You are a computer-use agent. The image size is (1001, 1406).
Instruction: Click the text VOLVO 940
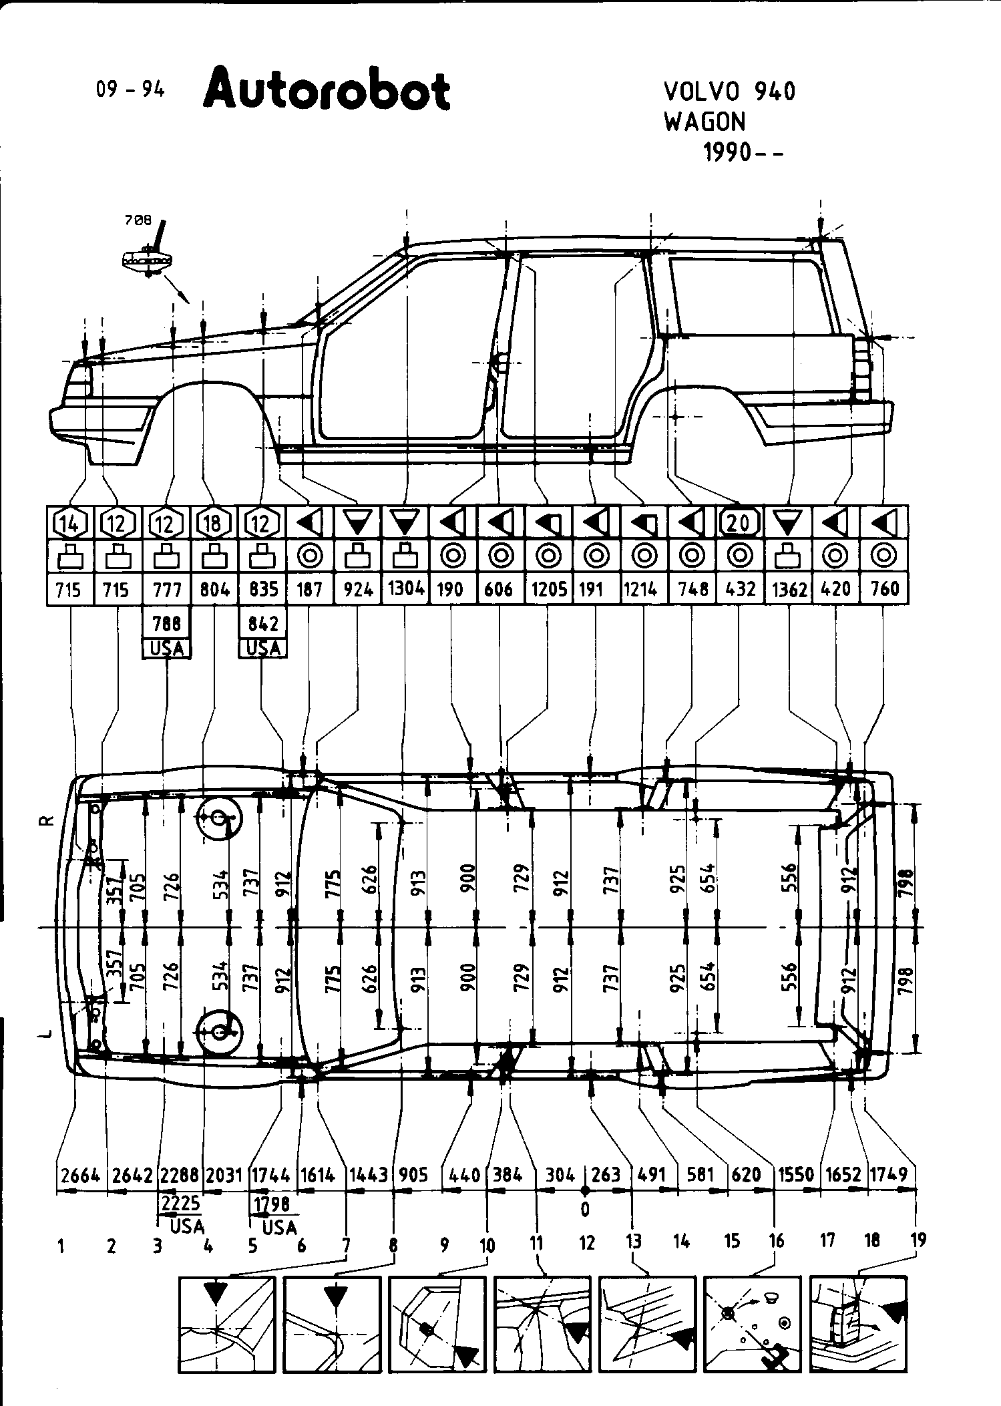(729, 92)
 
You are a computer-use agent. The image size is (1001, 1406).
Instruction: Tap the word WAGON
(705, 122)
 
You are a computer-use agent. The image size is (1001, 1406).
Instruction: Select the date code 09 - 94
(130, 89)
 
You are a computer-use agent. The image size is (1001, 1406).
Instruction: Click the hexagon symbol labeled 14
(70, 524)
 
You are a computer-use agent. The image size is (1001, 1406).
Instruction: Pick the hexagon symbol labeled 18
(214, 524)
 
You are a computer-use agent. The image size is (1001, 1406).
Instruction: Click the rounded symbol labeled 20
(739, 522)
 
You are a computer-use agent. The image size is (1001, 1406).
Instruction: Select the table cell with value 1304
(405, 589)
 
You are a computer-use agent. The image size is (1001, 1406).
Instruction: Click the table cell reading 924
(357, 589)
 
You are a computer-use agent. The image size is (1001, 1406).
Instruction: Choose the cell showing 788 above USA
(166, 624)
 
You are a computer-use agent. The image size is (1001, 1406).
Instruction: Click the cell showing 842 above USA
(262, 624)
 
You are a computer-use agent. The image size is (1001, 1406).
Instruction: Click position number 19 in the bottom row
(918, 1241)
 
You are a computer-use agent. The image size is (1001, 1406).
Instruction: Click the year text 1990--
(743, 153)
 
